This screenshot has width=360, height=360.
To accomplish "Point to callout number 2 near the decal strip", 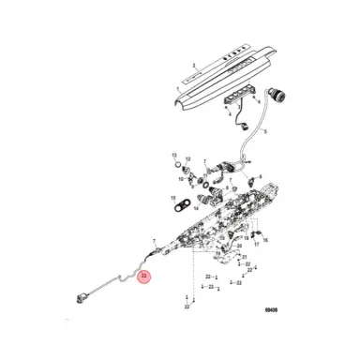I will click(x=193, y=67).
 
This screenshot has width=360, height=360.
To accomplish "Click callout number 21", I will click(x=245, y=256).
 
